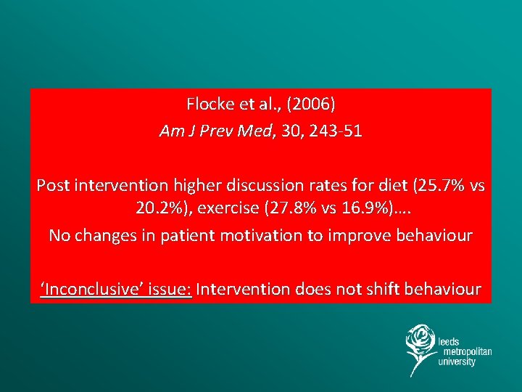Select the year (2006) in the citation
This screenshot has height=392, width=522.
(310, 105)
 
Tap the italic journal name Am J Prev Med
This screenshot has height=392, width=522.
(214, 132)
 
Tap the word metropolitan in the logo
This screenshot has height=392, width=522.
(465, 351)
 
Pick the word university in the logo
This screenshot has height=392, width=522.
(457, 362)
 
